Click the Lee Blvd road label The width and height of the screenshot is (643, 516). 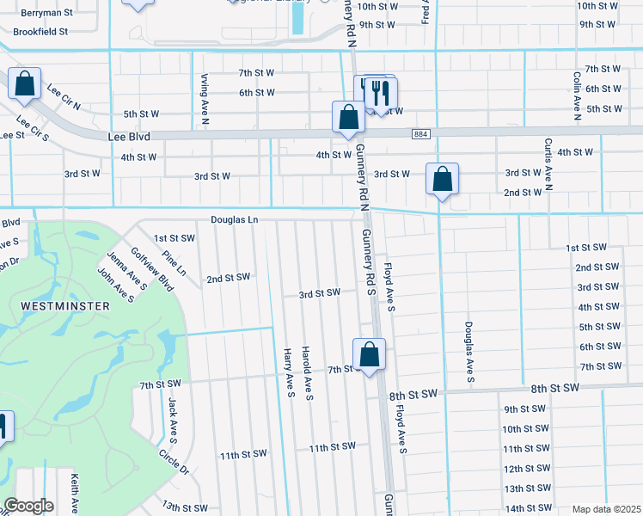tap(130, 136)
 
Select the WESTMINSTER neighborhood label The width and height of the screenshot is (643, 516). tap(64, 306)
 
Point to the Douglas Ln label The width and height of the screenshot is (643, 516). tap(235, 220)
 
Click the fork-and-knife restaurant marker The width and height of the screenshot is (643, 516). tap(381, 92)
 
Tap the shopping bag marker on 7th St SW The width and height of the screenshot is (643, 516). tap(369, 354)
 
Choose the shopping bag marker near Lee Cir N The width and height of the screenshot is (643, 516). tap(25, 84)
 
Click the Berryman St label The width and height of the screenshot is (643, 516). tap(47, 14)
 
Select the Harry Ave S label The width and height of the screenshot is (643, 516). tap(290, 372)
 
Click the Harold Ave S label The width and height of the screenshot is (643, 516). tap(307, 373)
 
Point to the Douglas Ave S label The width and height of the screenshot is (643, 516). tap(469, 353)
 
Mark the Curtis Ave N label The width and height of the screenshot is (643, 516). tap(548, 163)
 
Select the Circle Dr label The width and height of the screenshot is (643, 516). tap(174, 461)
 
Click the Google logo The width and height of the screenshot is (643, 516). tap(28, 506)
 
